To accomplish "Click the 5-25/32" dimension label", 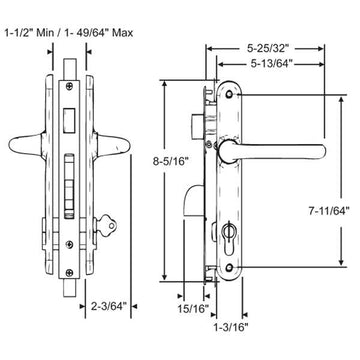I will pyautogui.click(x=262, y=45).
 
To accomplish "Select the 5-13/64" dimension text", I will pyautogui.click(x=262, y=66).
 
